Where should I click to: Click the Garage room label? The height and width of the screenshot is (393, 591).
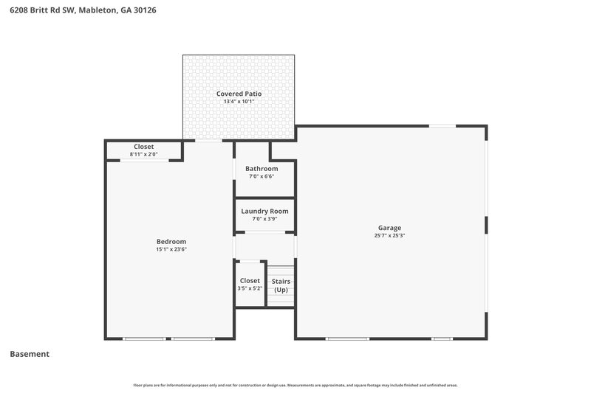(x=390, y=228)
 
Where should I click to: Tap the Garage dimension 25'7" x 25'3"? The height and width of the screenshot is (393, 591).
(x=390, y=236)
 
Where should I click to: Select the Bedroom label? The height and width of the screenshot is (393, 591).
(x=171, y=241)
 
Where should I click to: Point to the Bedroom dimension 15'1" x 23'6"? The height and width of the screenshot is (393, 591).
(x=171, y=249)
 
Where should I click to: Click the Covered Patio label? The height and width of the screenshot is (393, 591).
(x=239, y=94)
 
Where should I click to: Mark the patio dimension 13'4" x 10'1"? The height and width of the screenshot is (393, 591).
(x=239, y=102)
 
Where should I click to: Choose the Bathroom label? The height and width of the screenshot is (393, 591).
(x=262, y=168)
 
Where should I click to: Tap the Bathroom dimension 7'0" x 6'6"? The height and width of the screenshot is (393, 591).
(x=262, y=176)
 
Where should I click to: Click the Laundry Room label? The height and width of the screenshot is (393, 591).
(x=264, y=211)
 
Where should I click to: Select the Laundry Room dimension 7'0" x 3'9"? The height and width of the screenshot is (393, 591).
(x=264, y=219)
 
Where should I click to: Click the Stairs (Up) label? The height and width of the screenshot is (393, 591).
(x=281, y=285)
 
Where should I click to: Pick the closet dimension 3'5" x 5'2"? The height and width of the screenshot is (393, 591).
(x=250, y=288)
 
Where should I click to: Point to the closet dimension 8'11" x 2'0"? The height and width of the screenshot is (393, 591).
(x=144, y=154)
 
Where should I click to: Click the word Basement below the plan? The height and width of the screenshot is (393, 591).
(x=30, y=354)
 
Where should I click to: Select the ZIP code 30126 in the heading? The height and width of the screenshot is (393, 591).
(x=143, y=10)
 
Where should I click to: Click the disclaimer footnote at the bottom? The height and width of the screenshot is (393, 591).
(x=295, y=385)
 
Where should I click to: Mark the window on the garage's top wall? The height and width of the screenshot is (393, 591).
(x=443, y=126)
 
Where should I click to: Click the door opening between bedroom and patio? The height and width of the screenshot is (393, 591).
(x=208, y=140)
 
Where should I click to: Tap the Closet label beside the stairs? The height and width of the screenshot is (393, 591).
(x=250, y=280)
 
